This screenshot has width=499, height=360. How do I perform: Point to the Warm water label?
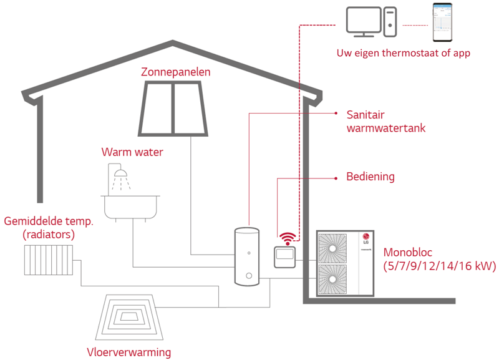click(132, 152)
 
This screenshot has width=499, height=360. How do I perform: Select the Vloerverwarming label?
click(128, 352)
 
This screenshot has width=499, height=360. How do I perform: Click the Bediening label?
click(371, 177)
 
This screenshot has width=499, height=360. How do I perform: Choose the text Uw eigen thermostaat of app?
click(403, 53)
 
